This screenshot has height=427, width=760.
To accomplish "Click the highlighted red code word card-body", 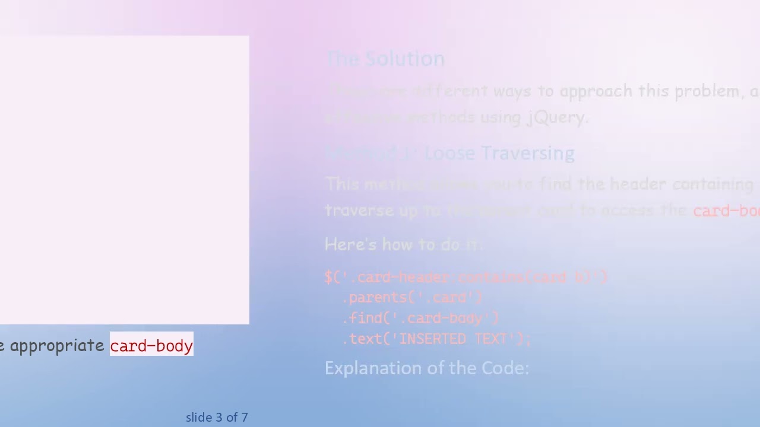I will [x=151, y=346].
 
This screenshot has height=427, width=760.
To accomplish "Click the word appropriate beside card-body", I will [x=57, y=346].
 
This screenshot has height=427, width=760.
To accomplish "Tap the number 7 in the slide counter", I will [x=245, y=418].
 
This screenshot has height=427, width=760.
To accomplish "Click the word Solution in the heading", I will [x=404, y=59].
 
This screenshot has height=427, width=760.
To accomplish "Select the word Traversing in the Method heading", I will [x=527, y=153].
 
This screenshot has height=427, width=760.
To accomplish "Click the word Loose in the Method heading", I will [x=450, y=153].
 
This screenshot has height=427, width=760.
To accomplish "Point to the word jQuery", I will [x=557, y=117].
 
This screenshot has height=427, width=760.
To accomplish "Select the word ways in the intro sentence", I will [x=512, y=91].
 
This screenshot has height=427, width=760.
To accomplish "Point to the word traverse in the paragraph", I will [x=359, y=211].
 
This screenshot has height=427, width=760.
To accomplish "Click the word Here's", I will [x=350, y=244].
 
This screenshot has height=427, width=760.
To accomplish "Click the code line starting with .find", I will [x=420, y=318].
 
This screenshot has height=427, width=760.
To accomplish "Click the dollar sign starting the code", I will [x=328, y=277].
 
